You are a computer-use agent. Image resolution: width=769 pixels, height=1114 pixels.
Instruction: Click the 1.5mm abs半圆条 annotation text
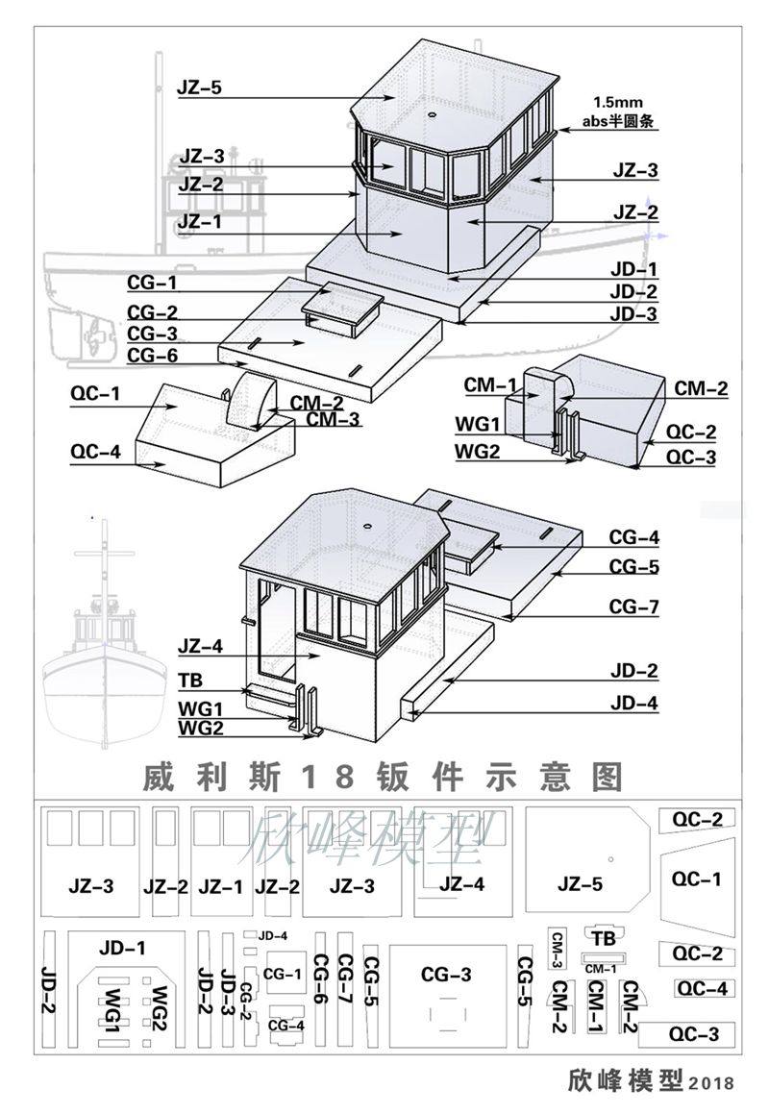pyautogui.click(x=618, y=112)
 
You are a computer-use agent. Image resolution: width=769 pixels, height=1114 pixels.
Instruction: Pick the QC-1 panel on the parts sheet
pyautogui.click(x=697, y=879)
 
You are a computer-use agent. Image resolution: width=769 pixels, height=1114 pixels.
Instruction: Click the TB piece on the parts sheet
pyautogui.click(x=604, y=938)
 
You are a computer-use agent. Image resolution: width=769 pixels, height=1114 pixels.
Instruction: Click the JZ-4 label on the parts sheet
pyautogui.click(x=461, y=884)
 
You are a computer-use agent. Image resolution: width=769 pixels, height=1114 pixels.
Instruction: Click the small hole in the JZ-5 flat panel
pyautogui.click(x=610, y=859)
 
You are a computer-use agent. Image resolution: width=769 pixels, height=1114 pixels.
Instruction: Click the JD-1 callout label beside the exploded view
pyautogui.click(x=634, y=269)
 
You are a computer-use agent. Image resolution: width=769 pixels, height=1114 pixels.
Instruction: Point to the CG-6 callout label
pyautogui.click(x=152, y=356)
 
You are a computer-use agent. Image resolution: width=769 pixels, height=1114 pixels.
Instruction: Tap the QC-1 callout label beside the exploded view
pyautogui.click(x=95, y=393)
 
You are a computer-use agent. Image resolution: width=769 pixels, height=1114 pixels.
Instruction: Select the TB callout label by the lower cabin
pyautogui.click(x=190, y=681)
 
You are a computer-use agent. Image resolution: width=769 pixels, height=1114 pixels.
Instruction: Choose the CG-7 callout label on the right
pyautogui.click(x=634, y=607)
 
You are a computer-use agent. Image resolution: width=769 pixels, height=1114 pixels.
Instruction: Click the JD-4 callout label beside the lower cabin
pyautogui.click(x=634, y=704)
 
